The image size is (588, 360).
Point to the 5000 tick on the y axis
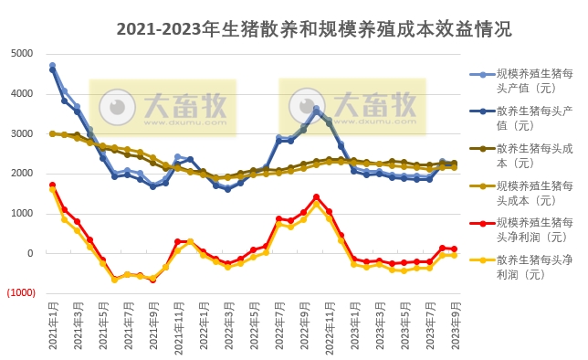click(x=23, y=54)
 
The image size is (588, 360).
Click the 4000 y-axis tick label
click(x=23, y=94)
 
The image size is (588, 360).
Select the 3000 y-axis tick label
click(x=23, y=134)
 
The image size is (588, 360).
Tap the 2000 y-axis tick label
click(x=23, y=174)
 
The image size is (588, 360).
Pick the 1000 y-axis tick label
click(x=23, y=214)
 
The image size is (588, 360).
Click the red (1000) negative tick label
click(x=20, y=293)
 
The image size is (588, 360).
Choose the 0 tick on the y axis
click(x=30, y=254)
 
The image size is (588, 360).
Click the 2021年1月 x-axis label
click(x=52, y=327)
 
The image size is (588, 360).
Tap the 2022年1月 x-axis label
click(x=205, y=327)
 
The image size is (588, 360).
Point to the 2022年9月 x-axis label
click(x=304, y=327)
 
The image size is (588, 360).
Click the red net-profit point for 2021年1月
click(x=52, y=185)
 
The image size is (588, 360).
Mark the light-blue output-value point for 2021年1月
click(x=52, y=66)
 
